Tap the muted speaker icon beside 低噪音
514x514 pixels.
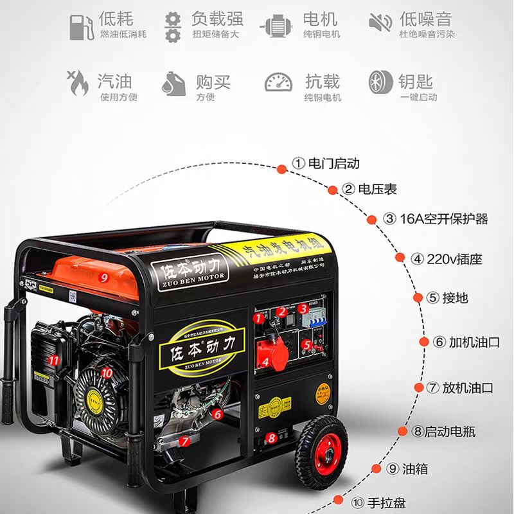[x=380, y=24]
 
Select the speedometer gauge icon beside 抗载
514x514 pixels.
[x=278, y=84]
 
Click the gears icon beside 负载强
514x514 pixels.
[x=173, y=25]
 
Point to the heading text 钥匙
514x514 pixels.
[x=416, y=82]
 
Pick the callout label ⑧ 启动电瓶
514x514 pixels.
[x=443, y=432]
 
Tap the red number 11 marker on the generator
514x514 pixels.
[x=55, y=360]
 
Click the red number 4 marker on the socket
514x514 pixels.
[x=264, y=361]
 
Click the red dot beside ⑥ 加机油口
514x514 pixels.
[x=424, y=342]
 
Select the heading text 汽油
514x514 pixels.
[x=115, y=82]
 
